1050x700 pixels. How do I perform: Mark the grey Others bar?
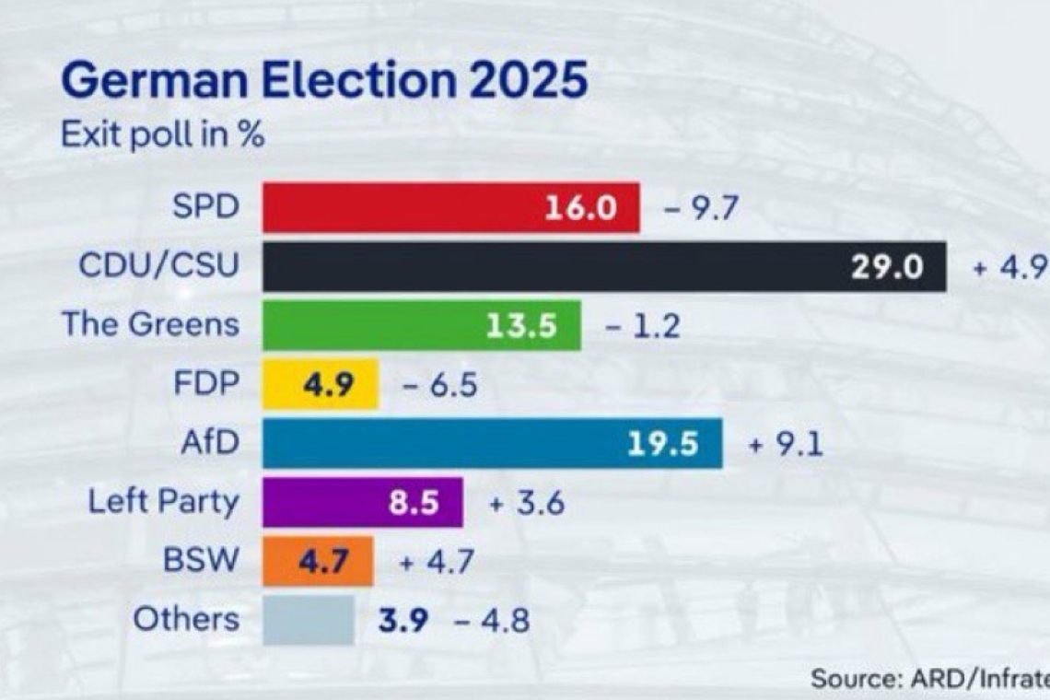click(309, 620)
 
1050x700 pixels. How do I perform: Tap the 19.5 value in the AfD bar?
click(663, 444)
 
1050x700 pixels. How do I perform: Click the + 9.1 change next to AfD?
click(785, 445)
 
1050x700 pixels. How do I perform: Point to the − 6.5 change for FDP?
click(439, 385)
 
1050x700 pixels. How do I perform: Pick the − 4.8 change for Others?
click(492, 621)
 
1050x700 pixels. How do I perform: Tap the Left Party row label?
click(163, 502)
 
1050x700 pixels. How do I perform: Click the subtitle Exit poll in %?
click(163, 134)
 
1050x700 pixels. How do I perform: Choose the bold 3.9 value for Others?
click(403, 621)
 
